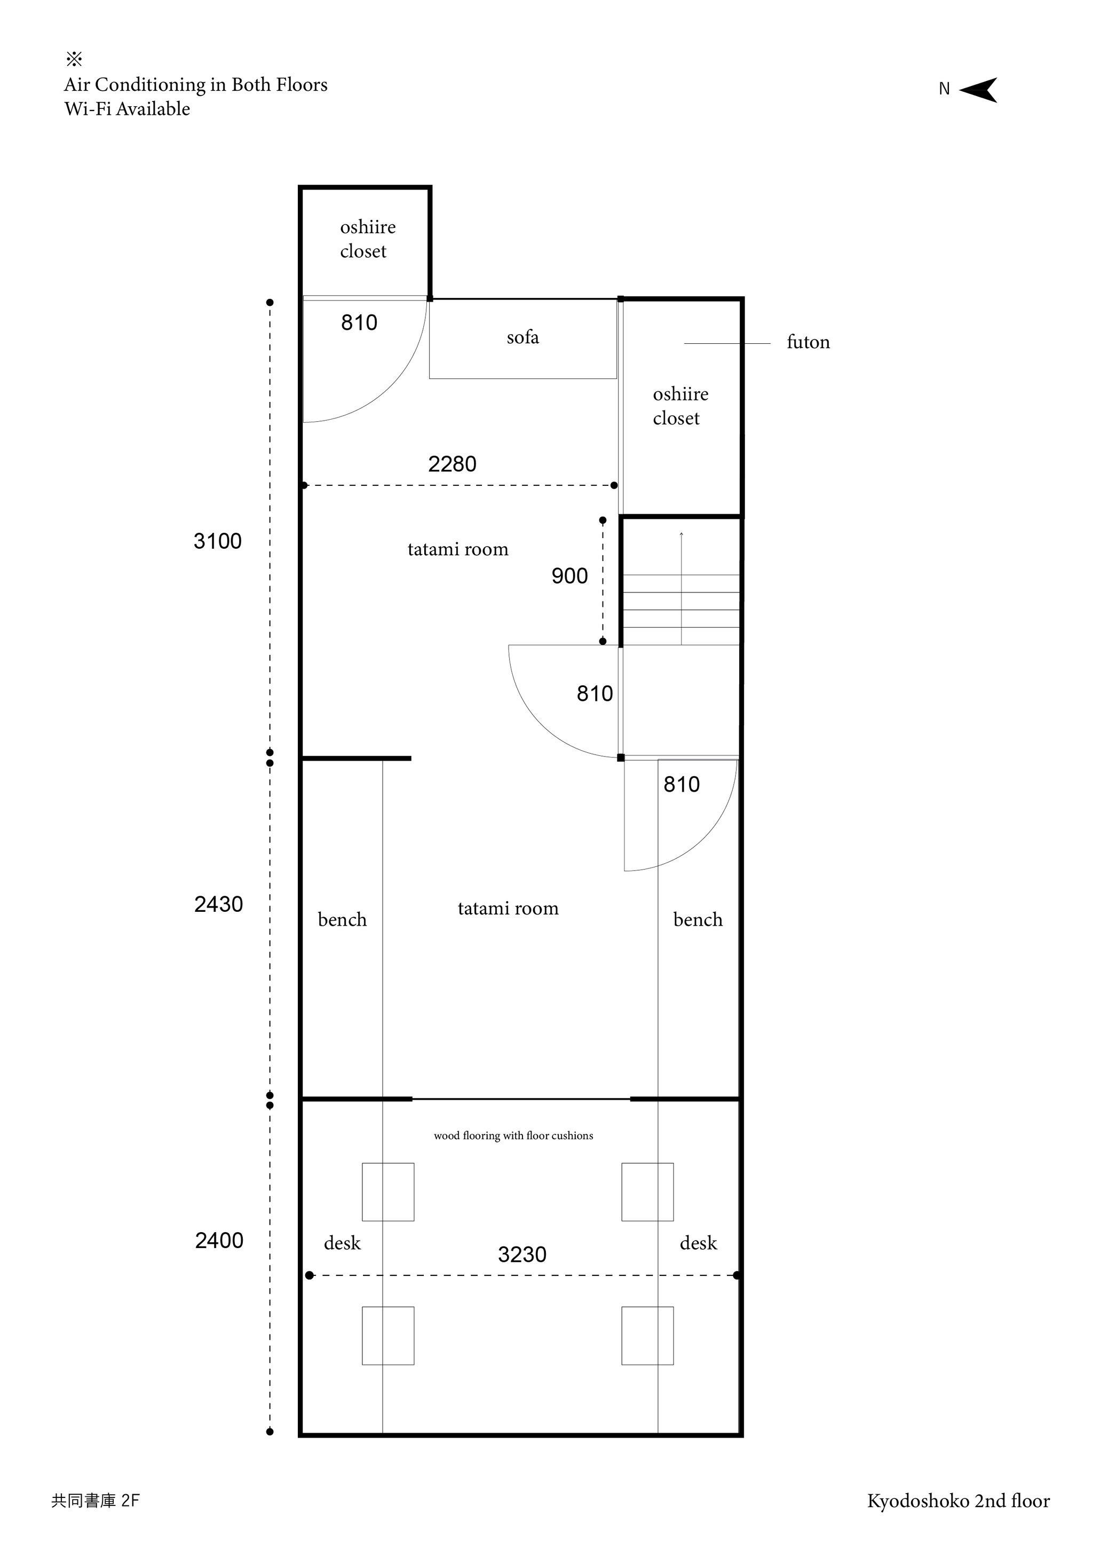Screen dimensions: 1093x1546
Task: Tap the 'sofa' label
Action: pos(522,337)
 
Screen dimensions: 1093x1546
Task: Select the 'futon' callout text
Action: pos(809,342)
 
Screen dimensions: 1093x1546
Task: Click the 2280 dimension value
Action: pos(452,464)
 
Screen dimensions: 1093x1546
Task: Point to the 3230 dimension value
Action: pos(522,1255)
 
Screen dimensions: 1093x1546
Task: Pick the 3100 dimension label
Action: pos(217,541)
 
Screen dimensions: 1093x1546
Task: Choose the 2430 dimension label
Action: pos(219,904)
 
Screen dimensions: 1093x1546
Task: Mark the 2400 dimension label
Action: pos(219,1240)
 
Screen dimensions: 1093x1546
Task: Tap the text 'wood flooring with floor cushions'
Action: pos(513,1135)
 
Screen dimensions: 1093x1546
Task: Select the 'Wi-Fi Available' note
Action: pos(127,109)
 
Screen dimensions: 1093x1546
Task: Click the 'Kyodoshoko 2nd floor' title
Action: pos(959,1500)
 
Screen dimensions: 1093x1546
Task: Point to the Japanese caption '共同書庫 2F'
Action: pos(96,1500)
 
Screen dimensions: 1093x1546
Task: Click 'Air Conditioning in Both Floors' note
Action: pos(196,85)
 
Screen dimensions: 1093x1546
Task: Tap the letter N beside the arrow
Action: pos(944,89)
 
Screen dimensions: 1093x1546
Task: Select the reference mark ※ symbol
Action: pos(74,59)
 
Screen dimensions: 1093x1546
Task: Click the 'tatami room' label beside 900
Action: pos(458,549)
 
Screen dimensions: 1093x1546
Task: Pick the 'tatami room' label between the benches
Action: pos(508,909)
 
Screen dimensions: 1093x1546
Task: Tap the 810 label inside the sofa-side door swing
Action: pos(359,322)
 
